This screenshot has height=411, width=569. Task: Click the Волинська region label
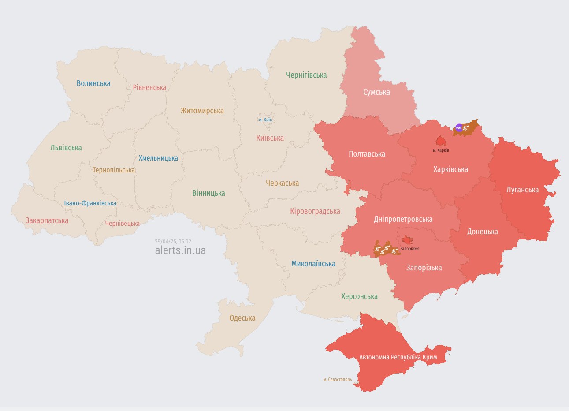pyautogui.click(x=93, y=83)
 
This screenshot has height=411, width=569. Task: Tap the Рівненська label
pyautogui.click(x=149, y=87)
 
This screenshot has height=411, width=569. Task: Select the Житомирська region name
pyautogui.click(x=202, y=111)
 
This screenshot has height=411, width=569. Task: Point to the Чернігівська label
pyautogui.click(x=306, y=75)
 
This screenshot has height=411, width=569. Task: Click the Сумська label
pyautogui.click(x=376, y=92)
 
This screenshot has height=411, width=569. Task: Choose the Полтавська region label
pyautogui.click(x=367, y=154)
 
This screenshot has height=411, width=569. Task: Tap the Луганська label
pyautogui.click(x=522, y=190)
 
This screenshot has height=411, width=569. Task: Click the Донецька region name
pyautogui.click(x=482, y=232)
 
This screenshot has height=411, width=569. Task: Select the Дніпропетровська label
pyautogui.click(x=403, y=219)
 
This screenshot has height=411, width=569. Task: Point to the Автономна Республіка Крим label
pyautogui.click(x=398, y=357)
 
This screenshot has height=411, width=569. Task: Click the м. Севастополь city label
pyautogui.click(x=337, y=379)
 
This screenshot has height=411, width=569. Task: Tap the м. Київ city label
pyautogui.click(x=265, y=120)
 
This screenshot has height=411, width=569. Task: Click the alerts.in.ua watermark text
pyautogui.click(x=180, y=250)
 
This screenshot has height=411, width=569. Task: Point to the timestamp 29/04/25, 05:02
pyautogui.click(x=173, y=242)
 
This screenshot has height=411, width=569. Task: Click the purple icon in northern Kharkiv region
pyautogui.click(x=459, y=128)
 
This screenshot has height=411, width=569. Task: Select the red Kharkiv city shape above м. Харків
pyautogui.click(x=441, y=141)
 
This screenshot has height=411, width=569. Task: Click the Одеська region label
pyautogui.click(x=242, y=318)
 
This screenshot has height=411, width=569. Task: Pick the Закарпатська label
pyautogui.click(x=47, y=220)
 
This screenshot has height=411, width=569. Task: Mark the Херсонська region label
pyautogui.click(x=359, y=296)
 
